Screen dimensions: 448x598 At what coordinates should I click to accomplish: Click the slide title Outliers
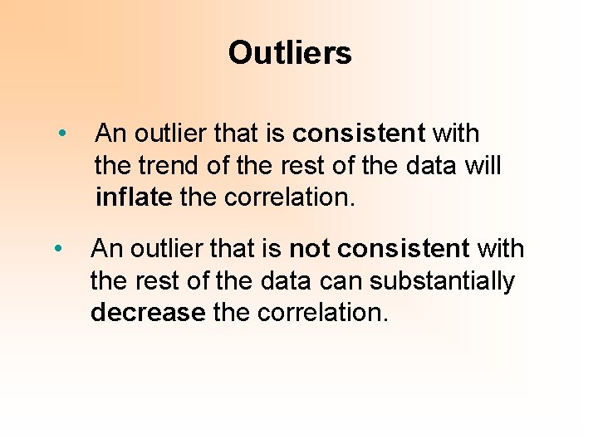tap(290, 54)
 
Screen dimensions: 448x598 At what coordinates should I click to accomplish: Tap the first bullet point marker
tap(62, 134)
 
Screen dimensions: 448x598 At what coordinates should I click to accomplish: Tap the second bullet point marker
tap(57, 248)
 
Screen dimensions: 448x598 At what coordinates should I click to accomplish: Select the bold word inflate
tap(134, 198)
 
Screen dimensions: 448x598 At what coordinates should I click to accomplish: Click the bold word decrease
tap(148, 313)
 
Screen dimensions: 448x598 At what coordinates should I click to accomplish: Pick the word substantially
tap(442, 281)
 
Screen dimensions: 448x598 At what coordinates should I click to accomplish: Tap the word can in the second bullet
tap(341, 281)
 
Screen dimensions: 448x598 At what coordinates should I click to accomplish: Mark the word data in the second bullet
tap(285, 281)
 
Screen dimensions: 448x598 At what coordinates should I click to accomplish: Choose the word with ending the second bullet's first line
tap(501, 248)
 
